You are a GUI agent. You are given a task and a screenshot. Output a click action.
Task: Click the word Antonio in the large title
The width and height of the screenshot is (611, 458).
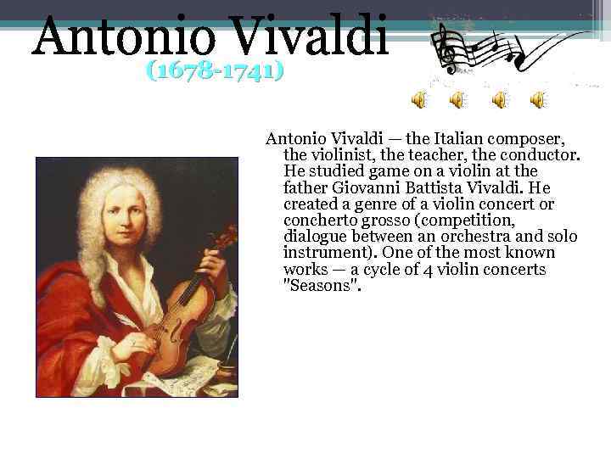pos(115,39)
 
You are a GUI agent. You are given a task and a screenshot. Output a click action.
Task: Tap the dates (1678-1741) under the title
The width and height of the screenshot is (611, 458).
pos(214,70)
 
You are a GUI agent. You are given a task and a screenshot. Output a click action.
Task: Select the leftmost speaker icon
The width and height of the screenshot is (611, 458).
pos(419,101)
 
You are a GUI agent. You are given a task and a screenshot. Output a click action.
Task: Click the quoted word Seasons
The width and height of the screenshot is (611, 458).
pos(322,286)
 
